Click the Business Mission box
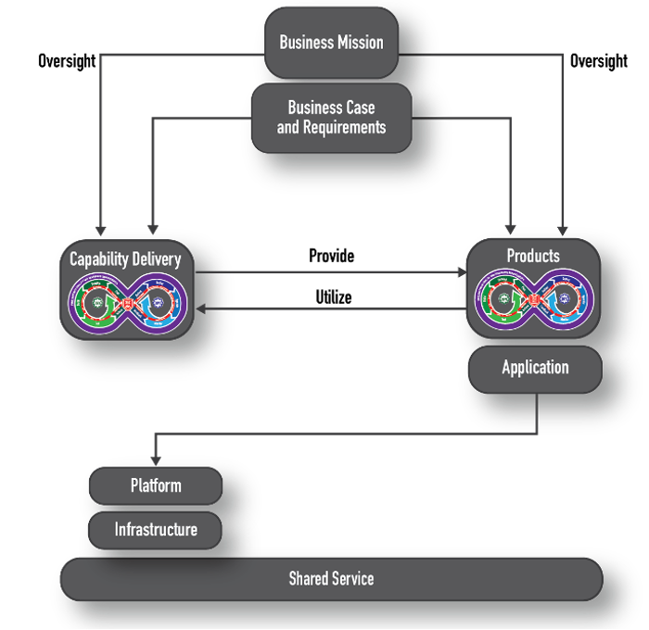click(x=331, y=43)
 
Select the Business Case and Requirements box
click(x=331, y=118)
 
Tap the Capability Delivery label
click(x=125, y=259)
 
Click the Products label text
click(x=533, y=255)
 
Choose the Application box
click(x=535, y=368)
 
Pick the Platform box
click(x=156, y=485)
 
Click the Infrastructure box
click(x=156, y=530)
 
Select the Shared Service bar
click(x=331, y=579)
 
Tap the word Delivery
click(x=155, y=259)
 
